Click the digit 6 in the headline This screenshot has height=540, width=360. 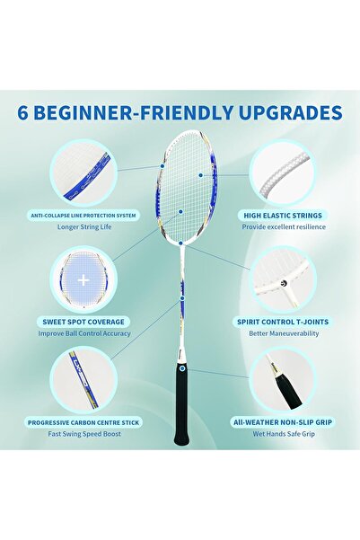point(22,113)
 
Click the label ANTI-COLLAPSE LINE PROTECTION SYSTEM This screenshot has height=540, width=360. point(83,216)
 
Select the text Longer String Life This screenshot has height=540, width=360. point(83,227)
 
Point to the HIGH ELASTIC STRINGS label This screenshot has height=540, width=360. point(281,216)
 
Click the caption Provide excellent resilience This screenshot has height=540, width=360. point(282,227)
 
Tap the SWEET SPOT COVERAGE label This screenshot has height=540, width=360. point(84,321)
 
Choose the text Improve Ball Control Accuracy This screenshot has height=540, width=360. point(84,333)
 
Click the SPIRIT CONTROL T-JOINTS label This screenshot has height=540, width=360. point(281,321)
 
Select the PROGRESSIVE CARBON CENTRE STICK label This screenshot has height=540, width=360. point(84,421)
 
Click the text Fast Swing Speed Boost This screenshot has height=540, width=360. point(84,434)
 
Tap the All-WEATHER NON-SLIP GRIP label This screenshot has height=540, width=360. point(282,421)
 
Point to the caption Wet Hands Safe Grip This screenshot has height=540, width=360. point(282,434)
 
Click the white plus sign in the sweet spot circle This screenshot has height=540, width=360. point(83,279)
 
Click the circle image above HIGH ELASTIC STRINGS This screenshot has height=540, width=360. point(281,173)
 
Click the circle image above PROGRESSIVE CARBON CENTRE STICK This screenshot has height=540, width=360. point(83,379)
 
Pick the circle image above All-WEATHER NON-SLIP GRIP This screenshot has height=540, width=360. point(282,379)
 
